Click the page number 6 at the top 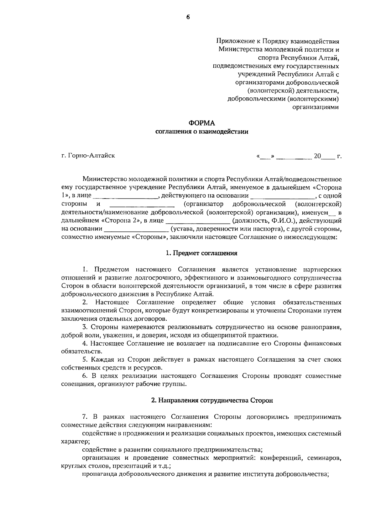pyautogui.click(x=188, y=18)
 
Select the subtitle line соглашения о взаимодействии pyautogui.click(x=202, y=132)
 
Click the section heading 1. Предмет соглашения pyautogui.click(x=201, y=253)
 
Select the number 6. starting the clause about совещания pyautogui.click(x=85, y=376)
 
